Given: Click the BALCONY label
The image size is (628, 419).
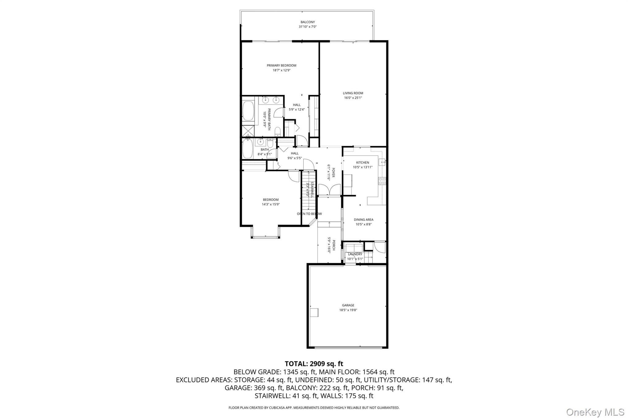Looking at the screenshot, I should (x=308, y=22).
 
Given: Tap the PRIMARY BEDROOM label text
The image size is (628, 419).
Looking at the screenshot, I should (x=281, y=65).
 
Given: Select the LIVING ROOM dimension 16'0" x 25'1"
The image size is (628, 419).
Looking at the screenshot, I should (x=353, y=98).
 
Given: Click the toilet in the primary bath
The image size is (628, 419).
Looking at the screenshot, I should (x=277, y=132).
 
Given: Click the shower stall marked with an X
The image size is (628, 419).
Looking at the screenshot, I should (x=248, y=131).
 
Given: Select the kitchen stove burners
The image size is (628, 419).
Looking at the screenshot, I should (x=382, y=181).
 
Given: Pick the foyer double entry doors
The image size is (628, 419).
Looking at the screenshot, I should (x=329, y=189).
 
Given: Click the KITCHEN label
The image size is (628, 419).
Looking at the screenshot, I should (x=362, y=163).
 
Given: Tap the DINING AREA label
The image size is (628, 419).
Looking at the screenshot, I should (x=363, y=220).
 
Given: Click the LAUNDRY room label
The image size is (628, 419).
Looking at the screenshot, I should (x=355, y=254).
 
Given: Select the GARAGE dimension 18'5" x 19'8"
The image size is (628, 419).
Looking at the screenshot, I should (x=348, y=310).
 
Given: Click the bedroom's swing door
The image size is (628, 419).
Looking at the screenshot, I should (x=294, y=176).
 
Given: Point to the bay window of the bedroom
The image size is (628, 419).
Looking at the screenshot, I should (x=265, y=237).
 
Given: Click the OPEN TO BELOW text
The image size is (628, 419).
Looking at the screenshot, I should (x=309, y=214).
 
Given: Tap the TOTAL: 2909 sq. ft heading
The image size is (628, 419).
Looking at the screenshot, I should (x=314, y=364).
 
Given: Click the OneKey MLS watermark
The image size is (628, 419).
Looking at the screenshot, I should (x=595, y=412).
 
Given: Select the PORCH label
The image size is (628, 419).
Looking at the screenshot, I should (x=334, y=245).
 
